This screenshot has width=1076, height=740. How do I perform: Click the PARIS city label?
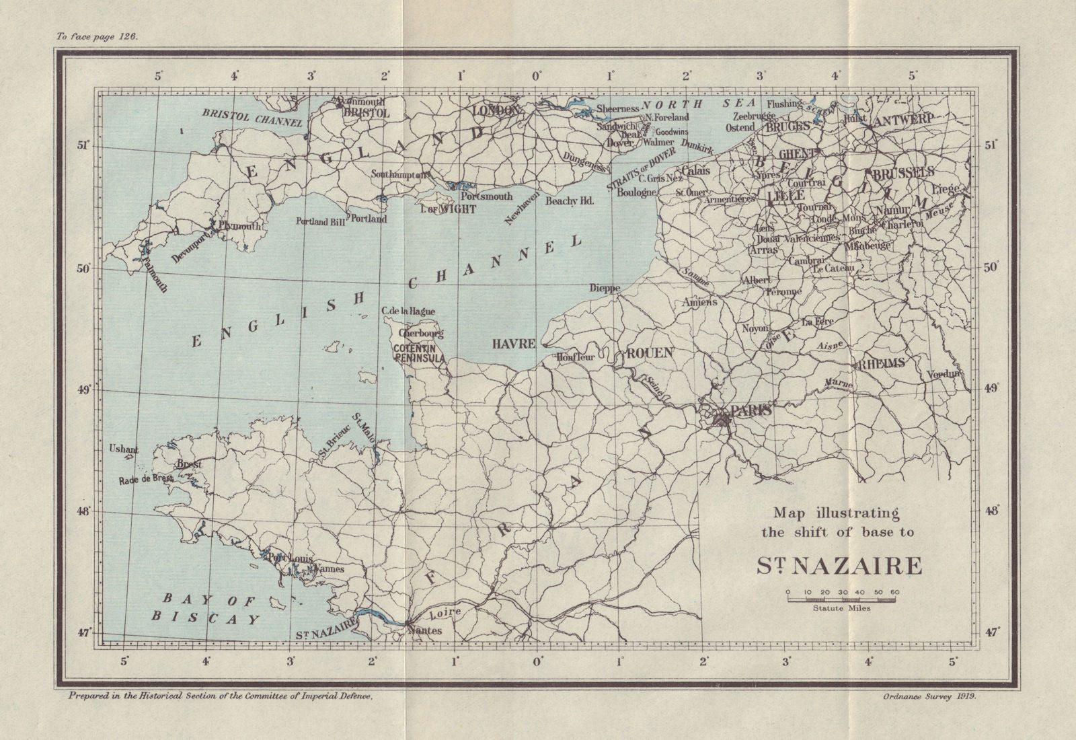click(x=751, y=410)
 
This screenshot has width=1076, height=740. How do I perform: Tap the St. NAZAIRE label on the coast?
click(x=325, y=633)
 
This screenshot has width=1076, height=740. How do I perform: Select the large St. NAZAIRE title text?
click(x=839, y=566)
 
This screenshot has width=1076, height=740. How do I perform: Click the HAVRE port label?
click(x=514, y=343)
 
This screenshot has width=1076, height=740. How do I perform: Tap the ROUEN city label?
click(x=650, y=353)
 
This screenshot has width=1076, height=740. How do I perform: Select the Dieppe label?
click(x=603, y=287)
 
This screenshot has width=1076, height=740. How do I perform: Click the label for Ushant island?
click(x=124, y=449)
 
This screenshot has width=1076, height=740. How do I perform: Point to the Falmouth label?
click(x=154, y=276)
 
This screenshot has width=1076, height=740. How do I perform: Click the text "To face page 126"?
click(x=97, y=37)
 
